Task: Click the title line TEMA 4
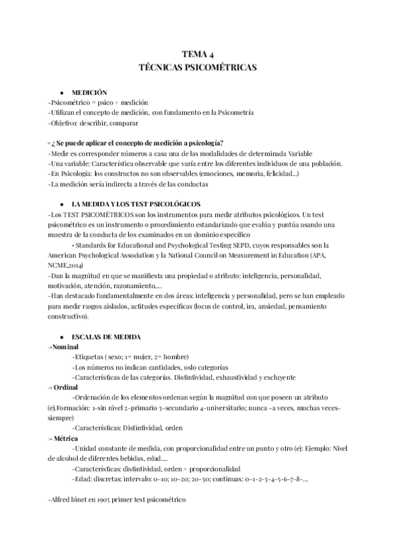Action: (198, 55)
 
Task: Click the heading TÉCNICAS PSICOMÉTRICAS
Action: (198, 67)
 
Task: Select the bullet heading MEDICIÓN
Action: (90, 93)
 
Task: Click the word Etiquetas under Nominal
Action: (92, 357)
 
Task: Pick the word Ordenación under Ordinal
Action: (98, 397)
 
